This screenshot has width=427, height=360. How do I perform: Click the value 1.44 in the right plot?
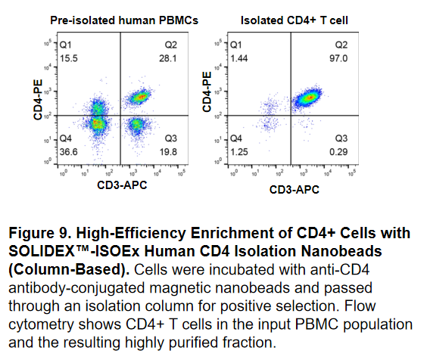click(x=241, y=57)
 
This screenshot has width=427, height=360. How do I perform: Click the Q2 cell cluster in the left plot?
click(x=139, y=97)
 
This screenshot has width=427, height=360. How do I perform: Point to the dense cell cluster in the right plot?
click(x=307, y=97)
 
